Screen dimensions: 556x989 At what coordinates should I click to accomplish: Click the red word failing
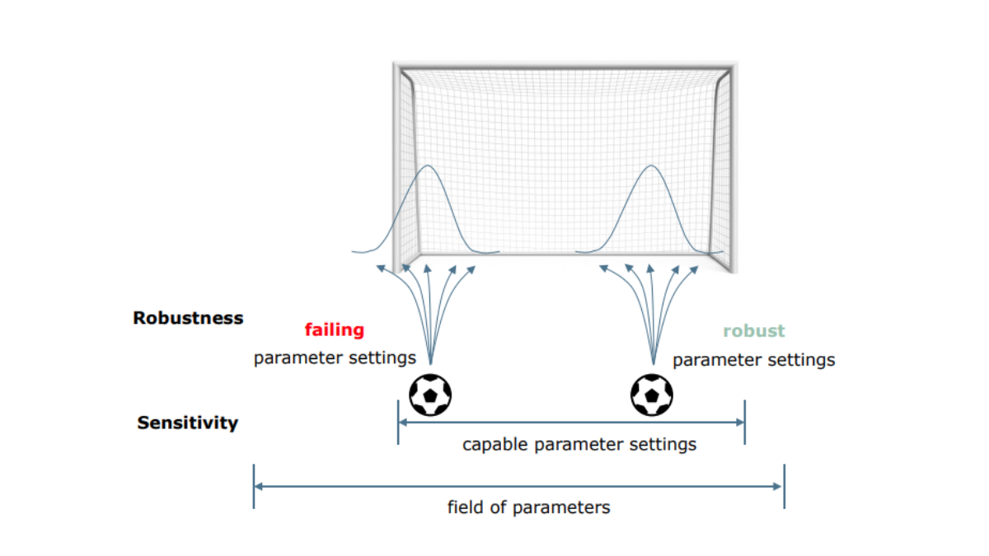click(334, 330)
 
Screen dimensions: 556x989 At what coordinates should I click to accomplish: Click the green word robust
click(754, 331)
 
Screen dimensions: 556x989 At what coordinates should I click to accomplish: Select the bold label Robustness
click(188, 318)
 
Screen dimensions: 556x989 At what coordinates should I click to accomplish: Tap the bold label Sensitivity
click(188, 423)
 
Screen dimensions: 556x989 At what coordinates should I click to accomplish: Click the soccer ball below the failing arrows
click(431, 395)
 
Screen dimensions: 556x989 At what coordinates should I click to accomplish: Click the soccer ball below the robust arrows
click(652, 395)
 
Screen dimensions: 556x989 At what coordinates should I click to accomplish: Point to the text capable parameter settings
click(579, 445)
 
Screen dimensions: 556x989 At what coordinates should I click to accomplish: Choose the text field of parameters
click(528, 507)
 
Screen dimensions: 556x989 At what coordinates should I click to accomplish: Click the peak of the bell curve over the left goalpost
click(428, 166)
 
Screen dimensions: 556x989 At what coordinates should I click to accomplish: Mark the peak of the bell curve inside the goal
click(651, 166)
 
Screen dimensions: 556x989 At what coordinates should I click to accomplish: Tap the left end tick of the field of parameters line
click(254, 486)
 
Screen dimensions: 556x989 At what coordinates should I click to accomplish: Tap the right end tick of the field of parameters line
click(784, 486)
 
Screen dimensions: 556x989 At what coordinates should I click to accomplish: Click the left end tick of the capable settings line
click(398, 422)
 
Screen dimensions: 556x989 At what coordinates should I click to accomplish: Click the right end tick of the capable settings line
click(745, 422)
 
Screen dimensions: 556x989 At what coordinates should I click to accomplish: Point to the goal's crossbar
click(564, 67)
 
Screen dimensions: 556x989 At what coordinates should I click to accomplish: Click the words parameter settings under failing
click(335, 358)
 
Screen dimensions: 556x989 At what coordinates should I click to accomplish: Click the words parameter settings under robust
click(753, 360)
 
